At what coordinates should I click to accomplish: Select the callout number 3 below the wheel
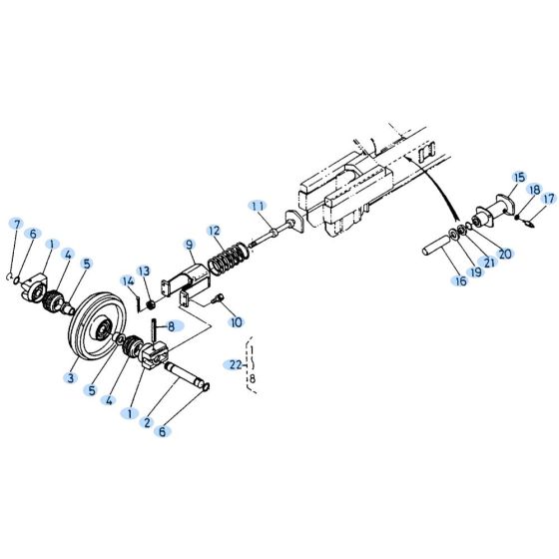pos(71,377)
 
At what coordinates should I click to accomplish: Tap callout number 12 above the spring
pos(214,231)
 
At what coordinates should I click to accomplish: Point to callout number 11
pos(259,206)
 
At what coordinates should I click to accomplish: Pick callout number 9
pos(189,245)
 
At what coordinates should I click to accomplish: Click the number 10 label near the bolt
pos(236,322)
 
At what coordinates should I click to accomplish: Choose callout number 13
pos(145,272)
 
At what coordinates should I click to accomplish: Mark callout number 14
pos(128,281)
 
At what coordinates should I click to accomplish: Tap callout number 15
pos(518,177)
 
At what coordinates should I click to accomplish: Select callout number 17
pos(548,199)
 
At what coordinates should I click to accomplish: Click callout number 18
pos(534,189)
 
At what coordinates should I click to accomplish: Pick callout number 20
pos(505,254)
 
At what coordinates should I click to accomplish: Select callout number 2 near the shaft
pos(146,423)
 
